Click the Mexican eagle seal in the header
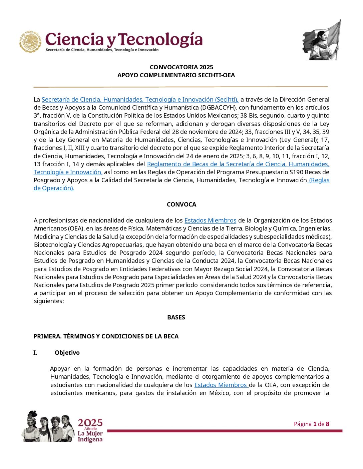pos(30,42)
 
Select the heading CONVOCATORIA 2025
pos(181,67)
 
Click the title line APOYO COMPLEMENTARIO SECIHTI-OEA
pos(176,75)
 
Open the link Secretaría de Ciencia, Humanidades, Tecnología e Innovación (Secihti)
pos(140,100)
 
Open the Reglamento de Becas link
pos(238,164)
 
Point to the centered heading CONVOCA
pos(181,205)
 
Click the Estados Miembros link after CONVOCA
pos(210,221)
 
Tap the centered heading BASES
pos(176,317)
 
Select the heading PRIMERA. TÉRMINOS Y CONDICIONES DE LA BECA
pos(106,336)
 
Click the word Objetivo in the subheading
pos(67,353)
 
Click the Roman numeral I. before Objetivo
pos(35,353)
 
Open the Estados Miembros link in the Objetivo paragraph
pos(221,385)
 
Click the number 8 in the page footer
pos(328,424)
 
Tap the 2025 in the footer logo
pos(90,423)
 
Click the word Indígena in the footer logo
pos(90,440)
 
